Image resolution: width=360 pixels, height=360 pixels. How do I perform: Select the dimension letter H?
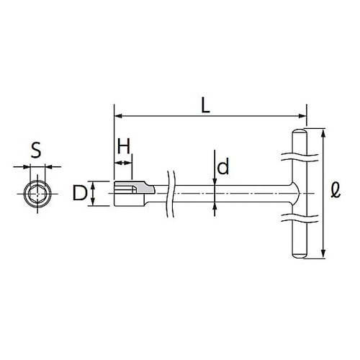(x=123, y=146)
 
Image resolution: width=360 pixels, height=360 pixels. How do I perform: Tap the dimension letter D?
(x=80, y=193)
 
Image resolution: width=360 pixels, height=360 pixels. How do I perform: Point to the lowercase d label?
(x=223, y=168)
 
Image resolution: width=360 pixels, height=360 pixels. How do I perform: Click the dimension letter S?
(x=36, y=150)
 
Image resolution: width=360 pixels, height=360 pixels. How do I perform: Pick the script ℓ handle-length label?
(x=336, y=191)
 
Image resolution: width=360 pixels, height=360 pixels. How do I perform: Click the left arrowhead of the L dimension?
(x=117, y=115)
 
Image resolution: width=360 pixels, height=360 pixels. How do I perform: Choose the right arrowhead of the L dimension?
(x=303, y=115)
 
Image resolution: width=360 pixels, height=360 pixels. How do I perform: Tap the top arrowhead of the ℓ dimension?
(x=323, y=132)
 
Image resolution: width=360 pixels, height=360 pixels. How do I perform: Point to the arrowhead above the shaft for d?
(x=215, y=181)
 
